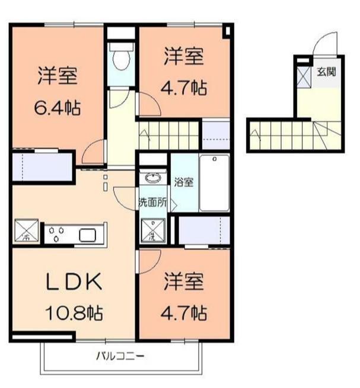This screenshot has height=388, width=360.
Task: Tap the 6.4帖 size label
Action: coord(57,108)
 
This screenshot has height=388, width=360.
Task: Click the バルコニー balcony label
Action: coord(121,357)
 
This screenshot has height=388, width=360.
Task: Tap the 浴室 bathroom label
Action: coord(183,182)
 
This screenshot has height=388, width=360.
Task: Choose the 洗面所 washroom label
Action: coord(153,202)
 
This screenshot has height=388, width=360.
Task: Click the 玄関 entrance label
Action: coord(326,73)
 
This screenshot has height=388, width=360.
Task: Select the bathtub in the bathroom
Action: coord(214,183)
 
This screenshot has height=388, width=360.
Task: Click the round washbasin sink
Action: coord(153,178)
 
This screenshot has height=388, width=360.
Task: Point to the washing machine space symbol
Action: coord(154,231)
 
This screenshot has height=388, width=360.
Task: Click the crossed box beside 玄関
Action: coord(304,75)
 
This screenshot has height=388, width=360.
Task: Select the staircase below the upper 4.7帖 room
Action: coord(169,134)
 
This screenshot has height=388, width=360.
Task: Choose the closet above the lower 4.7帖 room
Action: coord(204,230)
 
